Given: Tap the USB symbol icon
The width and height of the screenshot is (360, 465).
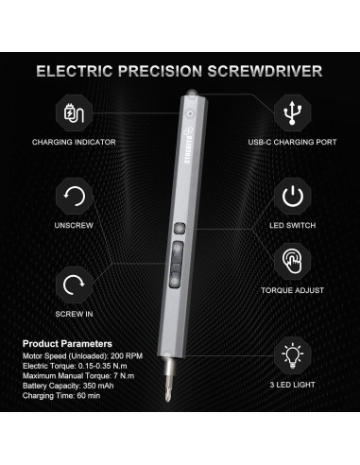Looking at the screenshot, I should click(x=292, y=112).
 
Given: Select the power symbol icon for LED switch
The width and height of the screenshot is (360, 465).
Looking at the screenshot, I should click(x=292, y=198).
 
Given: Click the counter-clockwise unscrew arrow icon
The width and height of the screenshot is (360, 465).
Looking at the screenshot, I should click(x=73, y=198).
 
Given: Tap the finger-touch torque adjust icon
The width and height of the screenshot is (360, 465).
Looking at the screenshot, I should click(x=292, y=262).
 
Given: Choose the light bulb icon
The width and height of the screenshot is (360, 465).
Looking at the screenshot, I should click(x=292, y=357).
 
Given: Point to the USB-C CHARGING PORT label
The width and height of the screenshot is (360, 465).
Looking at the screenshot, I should click(x=292, y=143).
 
